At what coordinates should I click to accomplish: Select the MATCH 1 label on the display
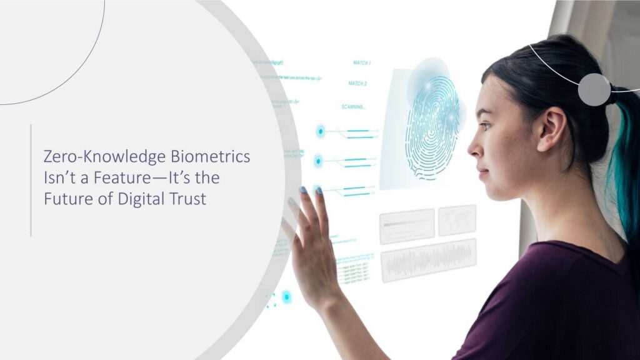point(362,63)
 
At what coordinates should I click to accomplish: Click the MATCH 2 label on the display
point(357,83)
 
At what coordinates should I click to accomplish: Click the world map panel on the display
point(457,220)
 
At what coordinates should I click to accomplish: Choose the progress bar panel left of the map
point(407,226)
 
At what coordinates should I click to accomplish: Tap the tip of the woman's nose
point(469,151)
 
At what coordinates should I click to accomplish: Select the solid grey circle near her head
point(594,89)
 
